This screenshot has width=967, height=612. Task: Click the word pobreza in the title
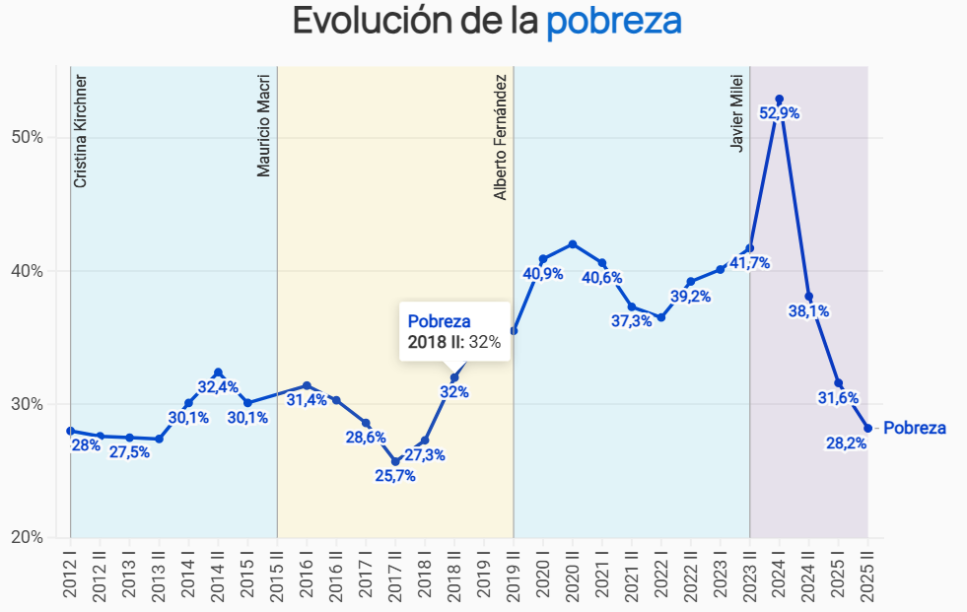pos(614,21)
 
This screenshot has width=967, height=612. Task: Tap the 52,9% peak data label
pos(779,113)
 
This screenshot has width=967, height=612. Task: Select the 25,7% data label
pos(394,476)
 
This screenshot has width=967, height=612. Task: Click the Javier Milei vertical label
pos(737,109)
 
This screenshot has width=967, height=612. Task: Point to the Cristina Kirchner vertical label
pos(81,131)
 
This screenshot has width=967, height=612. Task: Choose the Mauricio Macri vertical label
pos(263,125)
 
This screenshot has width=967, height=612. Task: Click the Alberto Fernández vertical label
pos(501,137)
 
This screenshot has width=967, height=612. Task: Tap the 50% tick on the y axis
pos(27,137)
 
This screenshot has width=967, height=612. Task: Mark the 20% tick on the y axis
pos(27,537)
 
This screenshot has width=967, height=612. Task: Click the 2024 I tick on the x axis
pos(779,573)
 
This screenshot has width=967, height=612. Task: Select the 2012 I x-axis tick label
pos(70,573)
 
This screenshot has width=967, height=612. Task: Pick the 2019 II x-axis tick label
pos(513,573)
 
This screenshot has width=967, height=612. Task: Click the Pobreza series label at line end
pos(914,428)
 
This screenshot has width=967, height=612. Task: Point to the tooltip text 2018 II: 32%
pos(454,342)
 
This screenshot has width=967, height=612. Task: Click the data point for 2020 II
pos(573,243)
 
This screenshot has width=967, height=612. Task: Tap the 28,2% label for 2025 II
pos(846,443)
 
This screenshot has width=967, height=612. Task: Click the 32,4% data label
pos(217,387)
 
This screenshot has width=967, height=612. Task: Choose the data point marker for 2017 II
pos(395,461)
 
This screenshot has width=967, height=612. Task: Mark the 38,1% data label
pos(808,311)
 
